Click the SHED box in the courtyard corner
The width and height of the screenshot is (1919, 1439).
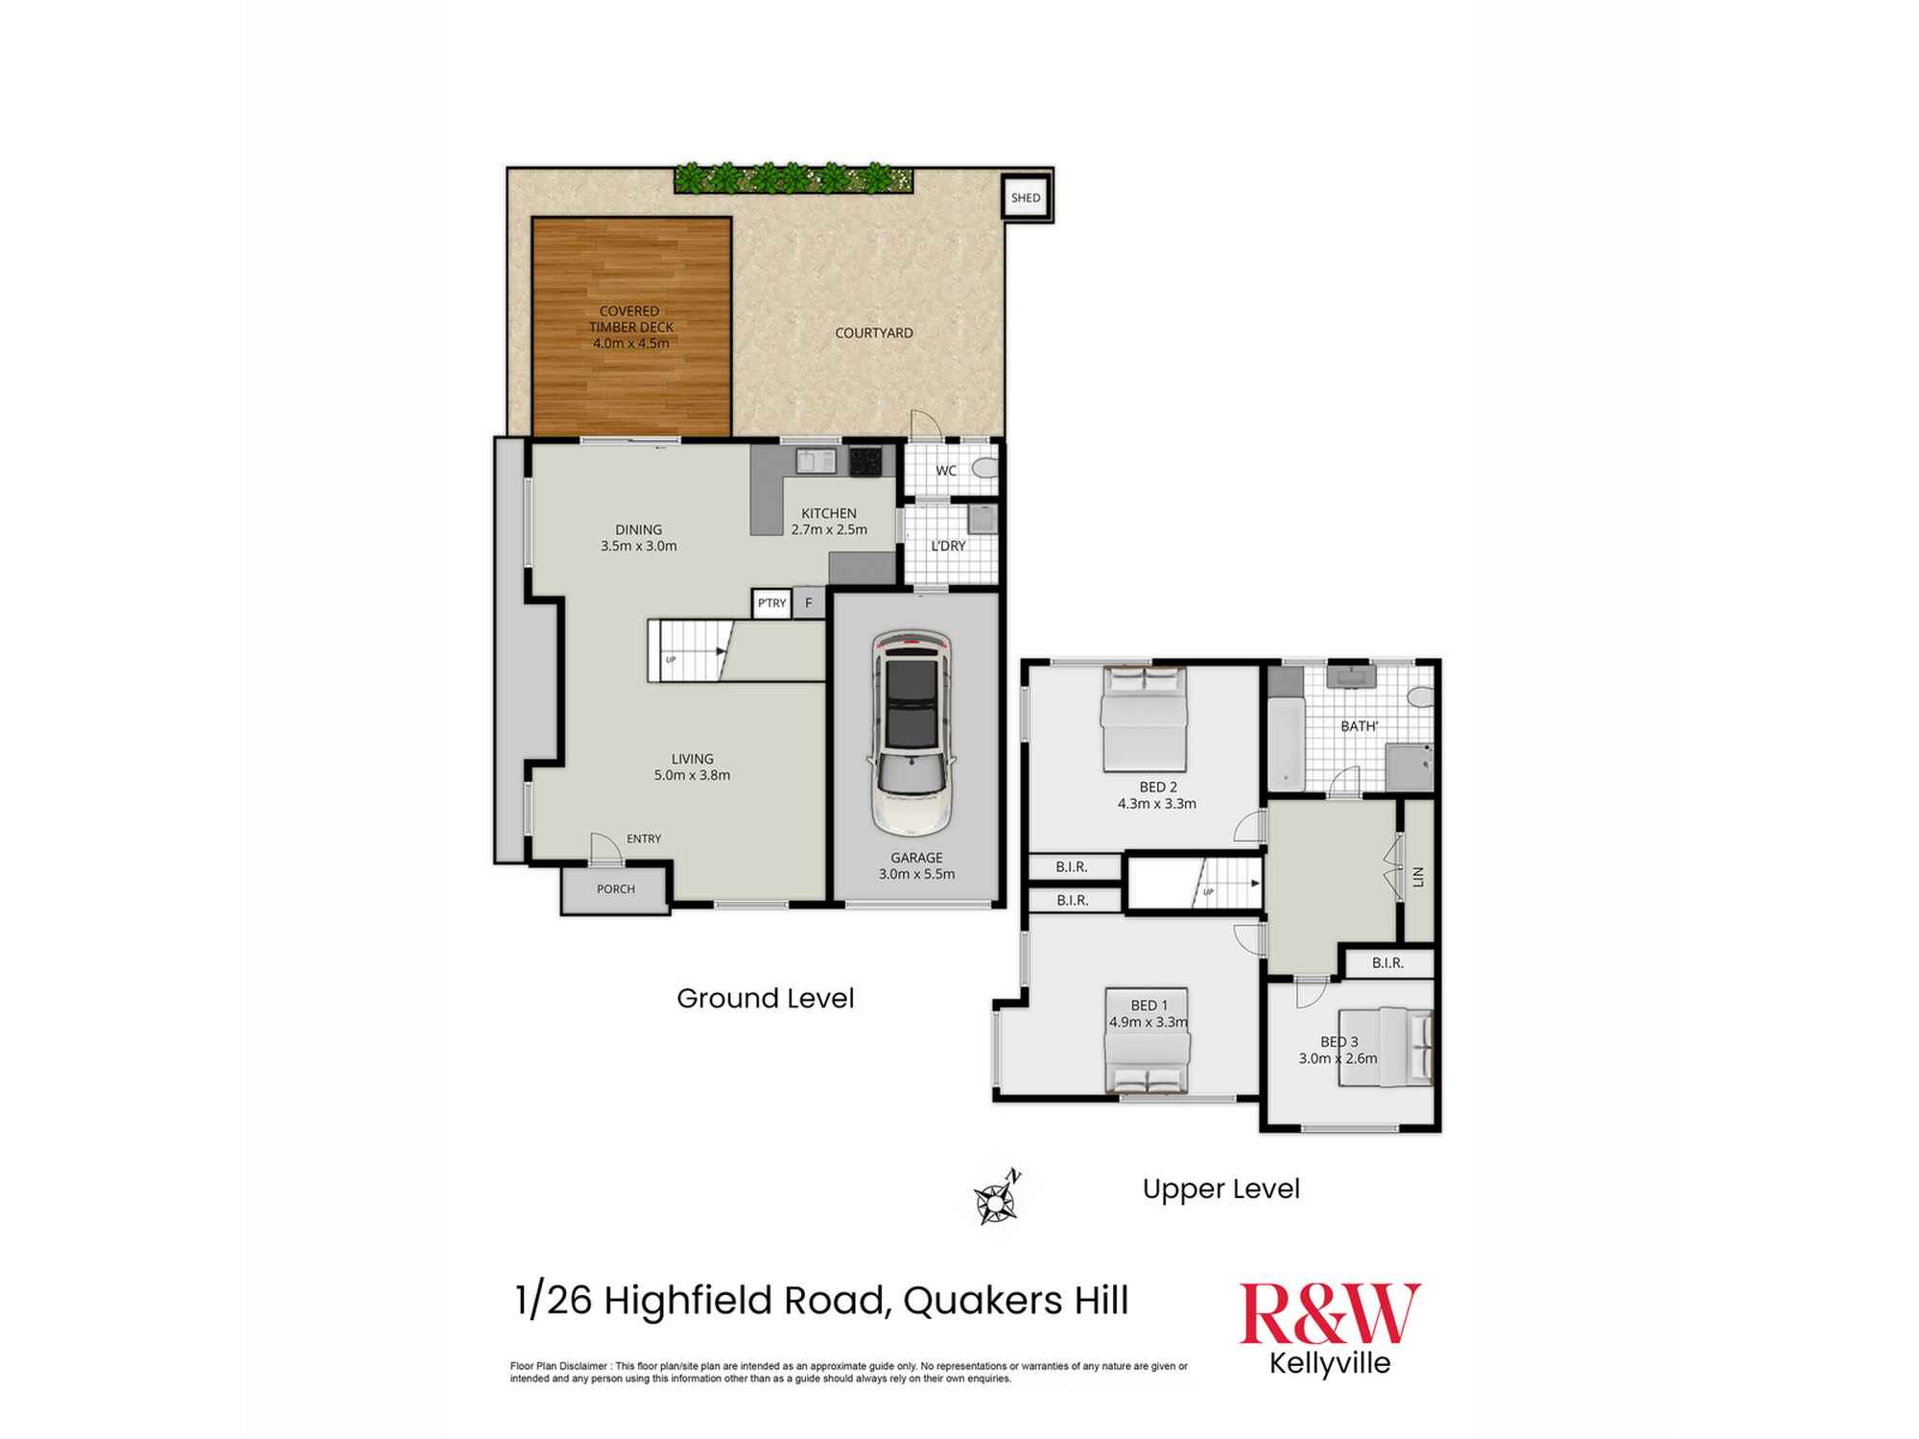point(1026,198)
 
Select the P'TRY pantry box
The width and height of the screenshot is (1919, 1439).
point(771,603)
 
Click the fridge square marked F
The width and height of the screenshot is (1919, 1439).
point(809,603)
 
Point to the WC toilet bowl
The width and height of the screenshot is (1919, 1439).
point(984,469)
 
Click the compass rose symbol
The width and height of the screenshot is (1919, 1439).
point(997,1198)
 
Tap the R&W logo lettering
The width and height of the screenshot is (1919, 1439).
point(1330,1313)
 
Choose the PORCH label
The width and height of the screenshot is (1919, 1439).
point(616,889)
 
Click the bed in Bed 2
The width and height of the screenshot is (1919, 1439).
point(1144,719)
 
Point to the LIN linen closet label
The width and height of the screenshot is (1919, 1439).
point(1418,876)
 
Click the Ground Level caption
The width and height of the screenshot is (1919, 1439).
point(766,999)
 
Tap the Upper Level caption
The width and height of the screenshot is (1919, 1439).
point(1220,1189)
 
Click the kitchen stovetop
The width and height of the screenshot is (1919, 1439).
point(865,461)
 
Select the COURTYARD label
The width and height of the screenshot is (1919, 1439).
point(874,333)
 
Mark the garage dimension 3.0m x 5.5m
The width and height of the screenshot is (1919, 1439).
point(916,874)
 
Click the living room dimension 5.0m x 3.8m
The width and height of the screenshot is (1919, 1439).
point(692,775)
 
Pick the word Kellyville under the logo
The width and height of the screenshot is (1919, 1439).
point(1330,1363)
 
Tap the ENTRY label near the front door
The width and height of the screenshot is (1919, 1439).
point(644,838)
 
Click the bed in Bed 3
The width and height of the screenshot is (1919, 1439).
point(1386,1047)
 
